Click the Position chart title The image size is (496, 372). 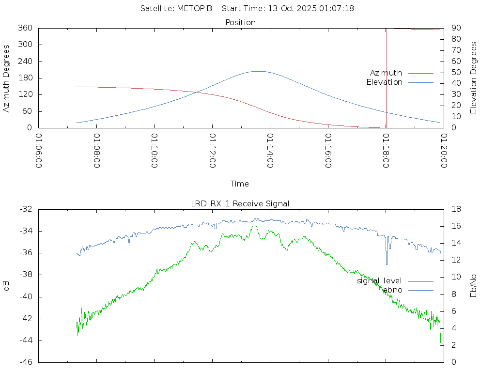(240, 22)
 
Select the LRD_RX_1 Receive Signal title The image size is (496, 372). (240, 203)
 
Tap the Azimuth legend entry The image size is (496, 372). (386, 73)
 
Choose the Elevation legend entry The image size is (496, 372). (384, 82)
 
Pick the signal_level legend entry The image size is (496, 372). (379, 281)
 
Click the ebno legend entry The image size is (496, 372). (392, 290)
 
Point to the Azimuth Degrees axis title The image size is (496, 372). (7, 78)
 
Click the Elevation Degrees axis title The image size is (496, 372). (474, 78)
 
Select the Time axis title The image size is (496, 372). (240, 184)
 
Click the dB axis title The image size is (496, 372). (7, 286)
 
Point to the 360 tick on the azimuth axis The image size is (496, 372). (25, 28)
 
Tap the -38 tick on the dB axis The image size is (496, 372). (25, 275)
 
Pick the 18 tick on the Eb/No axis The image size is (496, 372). (456, 209)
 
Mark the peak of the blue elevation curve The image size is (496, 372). (258, 71)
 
